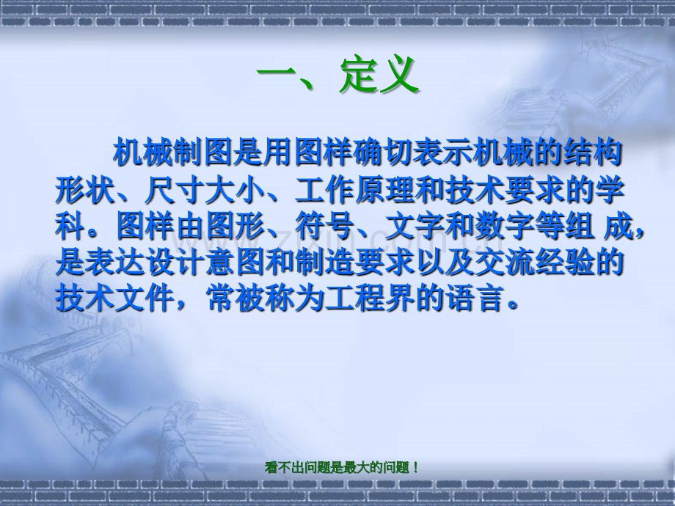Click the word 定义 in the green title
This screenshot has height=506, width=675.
click(379, 75)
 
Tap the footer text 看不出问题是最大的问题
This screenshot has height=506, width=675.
click(342, 467)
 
